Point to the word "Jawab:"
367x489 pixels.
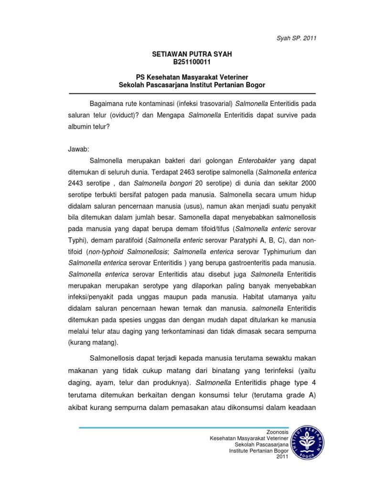tap(79, 149)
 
